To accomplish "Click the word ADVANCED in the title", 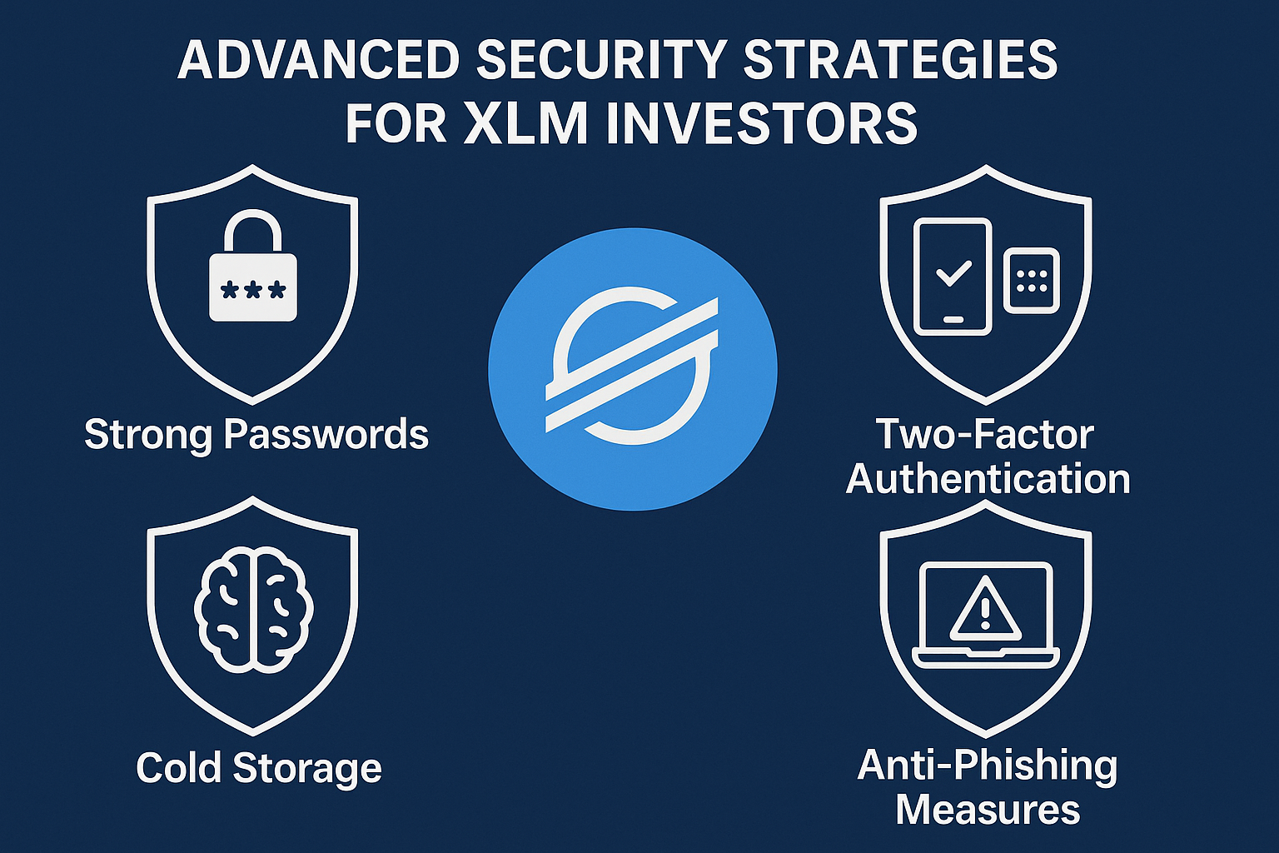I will click(x=318, y=60).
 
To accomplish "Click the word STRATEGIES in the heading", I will click(x=900, y=60).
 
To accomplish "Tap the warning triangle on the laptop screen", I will click(x=985, y=608).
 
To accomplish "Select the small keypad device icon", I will click(x=1032, y=281).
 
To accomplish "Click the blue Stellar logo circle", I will click(x=632, y=369).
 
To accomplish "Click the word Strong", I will click(x=148, y=435).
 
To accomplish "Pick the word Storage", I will click(x=307, y=767).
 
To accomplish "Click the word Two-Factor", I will click(x=984, y=435).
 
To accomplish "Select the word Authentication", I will click(x=988, y=480).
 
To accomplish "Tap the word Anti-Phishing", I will click(x=987, y=766).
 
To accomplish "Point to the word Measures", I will click(x=988, y=810).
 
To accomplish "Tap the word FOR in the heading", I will click(x=396, y=123).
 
